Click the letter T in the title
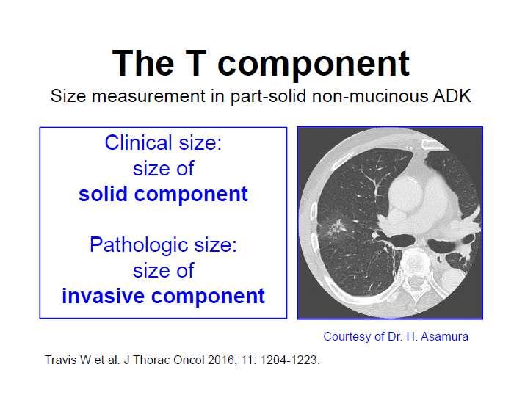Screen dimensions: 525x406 click(194, 63)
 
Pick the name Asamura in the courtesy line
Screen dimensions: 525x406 click(444, 336)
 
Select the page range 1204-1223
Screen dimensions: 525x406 click(290, 360)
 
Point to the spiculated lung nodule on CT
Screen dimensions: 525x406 click(335, 227)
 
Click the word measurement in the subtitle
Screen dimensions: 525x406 click(148, 96)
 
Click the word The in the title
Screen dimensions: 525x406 click(143, 63)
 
